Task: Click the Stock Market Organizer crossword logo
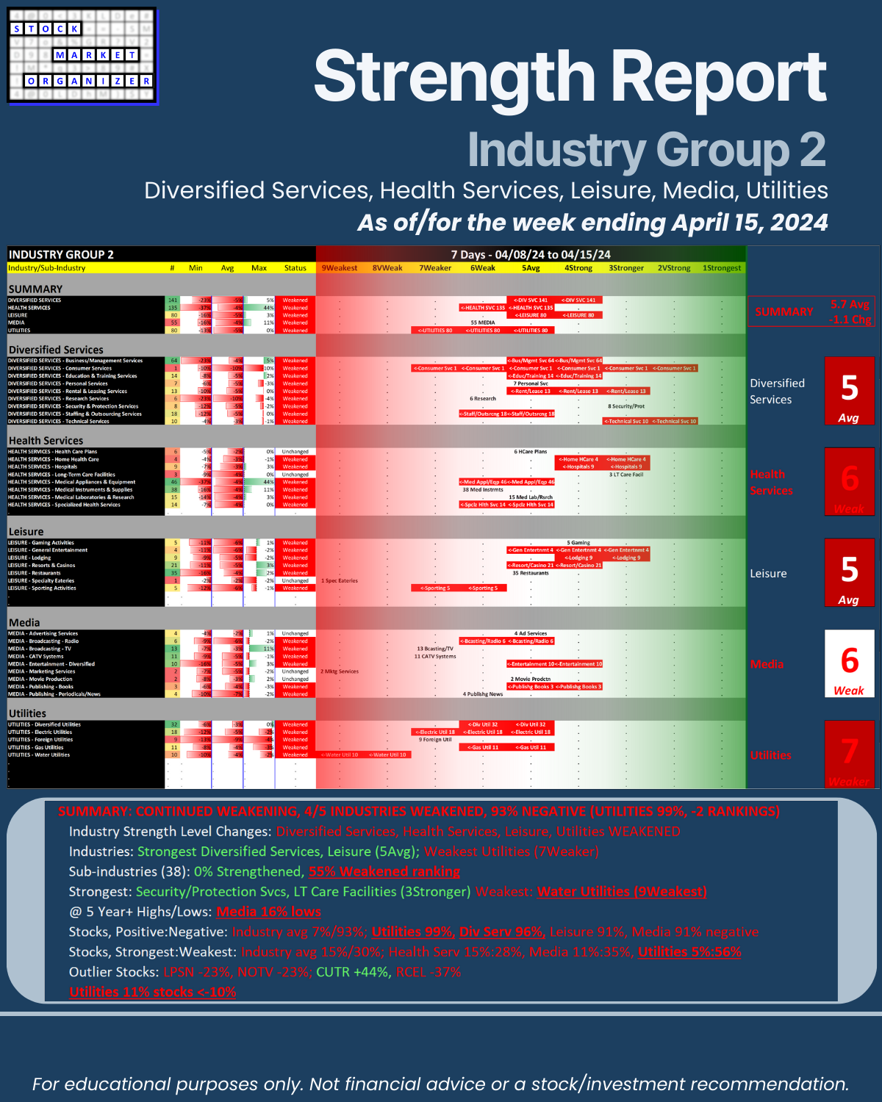82,56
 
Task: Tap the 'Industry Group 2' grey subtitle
646,150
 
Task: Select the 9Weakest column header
340,268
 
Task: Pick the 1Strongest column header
722,268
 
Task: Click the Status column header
295,268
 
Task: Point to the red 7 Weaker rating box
849,755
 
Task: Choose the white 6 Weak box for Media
849,663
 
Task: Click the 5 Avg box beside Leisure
849,572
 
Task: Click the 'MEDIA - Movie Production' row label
40,679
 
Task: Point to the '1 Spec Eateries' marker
340,580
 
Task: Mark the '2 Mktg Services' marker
340,671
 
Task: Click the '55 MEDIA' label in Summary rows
482,323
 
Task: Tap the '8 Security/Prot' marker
626,406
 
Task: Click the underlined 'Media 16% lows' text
268,912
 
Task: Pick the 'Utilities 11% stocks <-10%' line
153,992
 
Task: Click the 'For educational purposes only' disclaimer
440,1084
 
